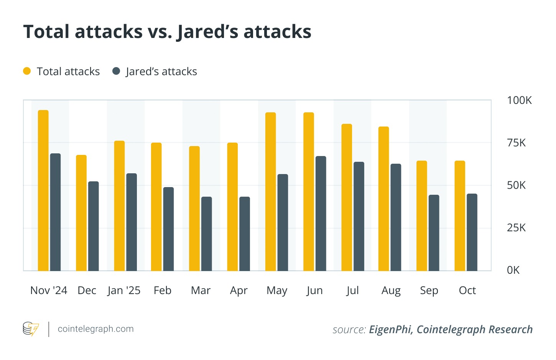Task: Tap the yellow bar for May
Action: click(x=271, y=192)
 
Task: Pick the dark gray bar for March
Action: click(x=207, y=234)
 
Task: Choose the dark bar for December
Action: click(x=94, y=226)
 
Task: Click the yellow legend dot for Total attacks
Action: click(x=27, y=71)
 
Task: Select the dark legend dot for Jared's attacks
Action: click(x=116, y=71)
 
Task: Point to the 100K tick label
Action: click(x=519, y=100)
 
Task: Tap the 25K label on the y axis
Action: click(x=516, y=228)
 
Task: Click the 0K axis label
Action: click(x=513, y=270)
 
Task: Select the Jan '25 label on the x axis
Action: click(x=124, y=291)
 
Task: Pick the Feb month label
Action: click(x=163, y=291)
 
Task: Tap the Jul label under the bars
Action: click(x=352, y=291)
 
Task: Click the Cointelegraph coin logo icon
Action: click(x=31, y=329)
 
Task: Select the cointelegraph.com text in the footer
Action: click(x=95, y=329)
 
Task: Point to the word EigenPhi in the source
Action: click(x=391, y=330)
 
